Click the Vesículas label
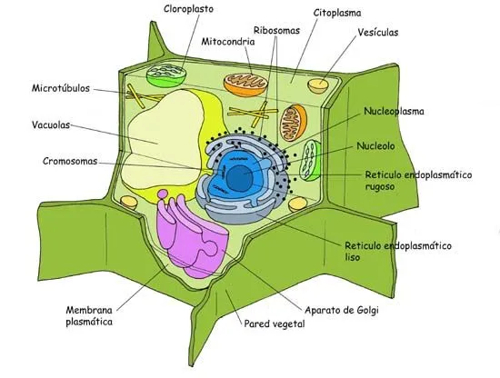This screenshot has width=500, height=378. click(x=378, y=33)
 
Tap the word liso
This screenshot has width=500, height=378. click(x=354, y=258)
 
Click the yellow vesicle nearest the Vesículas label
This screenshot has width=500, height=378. click(x=318, y=86)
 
